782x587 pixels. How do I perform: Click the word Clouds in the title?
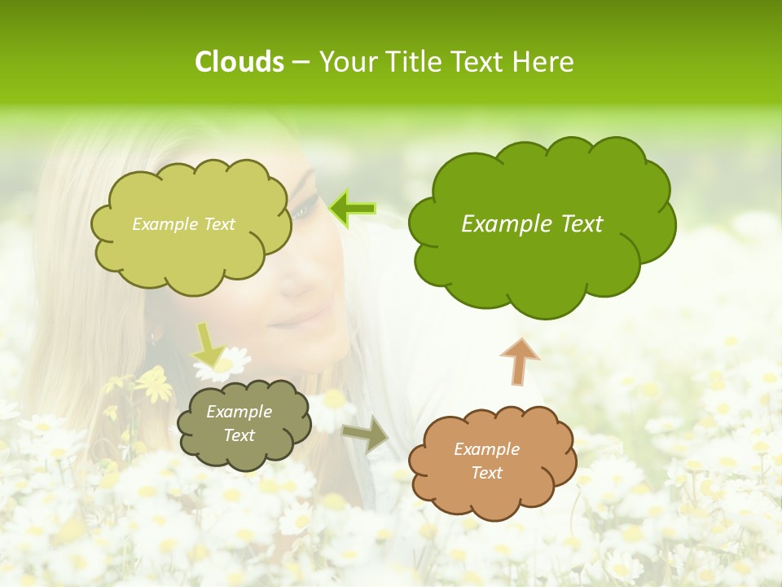click(x=239, y=62)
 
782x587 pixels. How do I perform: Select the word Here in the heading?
click(x=544, y=62)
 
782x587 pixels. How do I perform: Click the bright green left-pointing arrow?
click(x=352, y=209)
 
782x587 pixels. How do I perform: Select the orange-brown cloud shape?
click(x=491, y=461)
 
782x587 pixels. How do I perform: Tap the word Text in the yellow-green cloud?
click(x=219, y=224)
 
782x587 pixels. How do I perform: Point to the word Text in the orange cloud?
click(x=487, y=473)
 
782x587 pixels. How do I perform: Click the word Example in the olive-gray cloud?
click(x=239, y=412)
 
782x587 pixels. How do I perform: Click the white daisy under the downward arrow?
click(x=224, y=364)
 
